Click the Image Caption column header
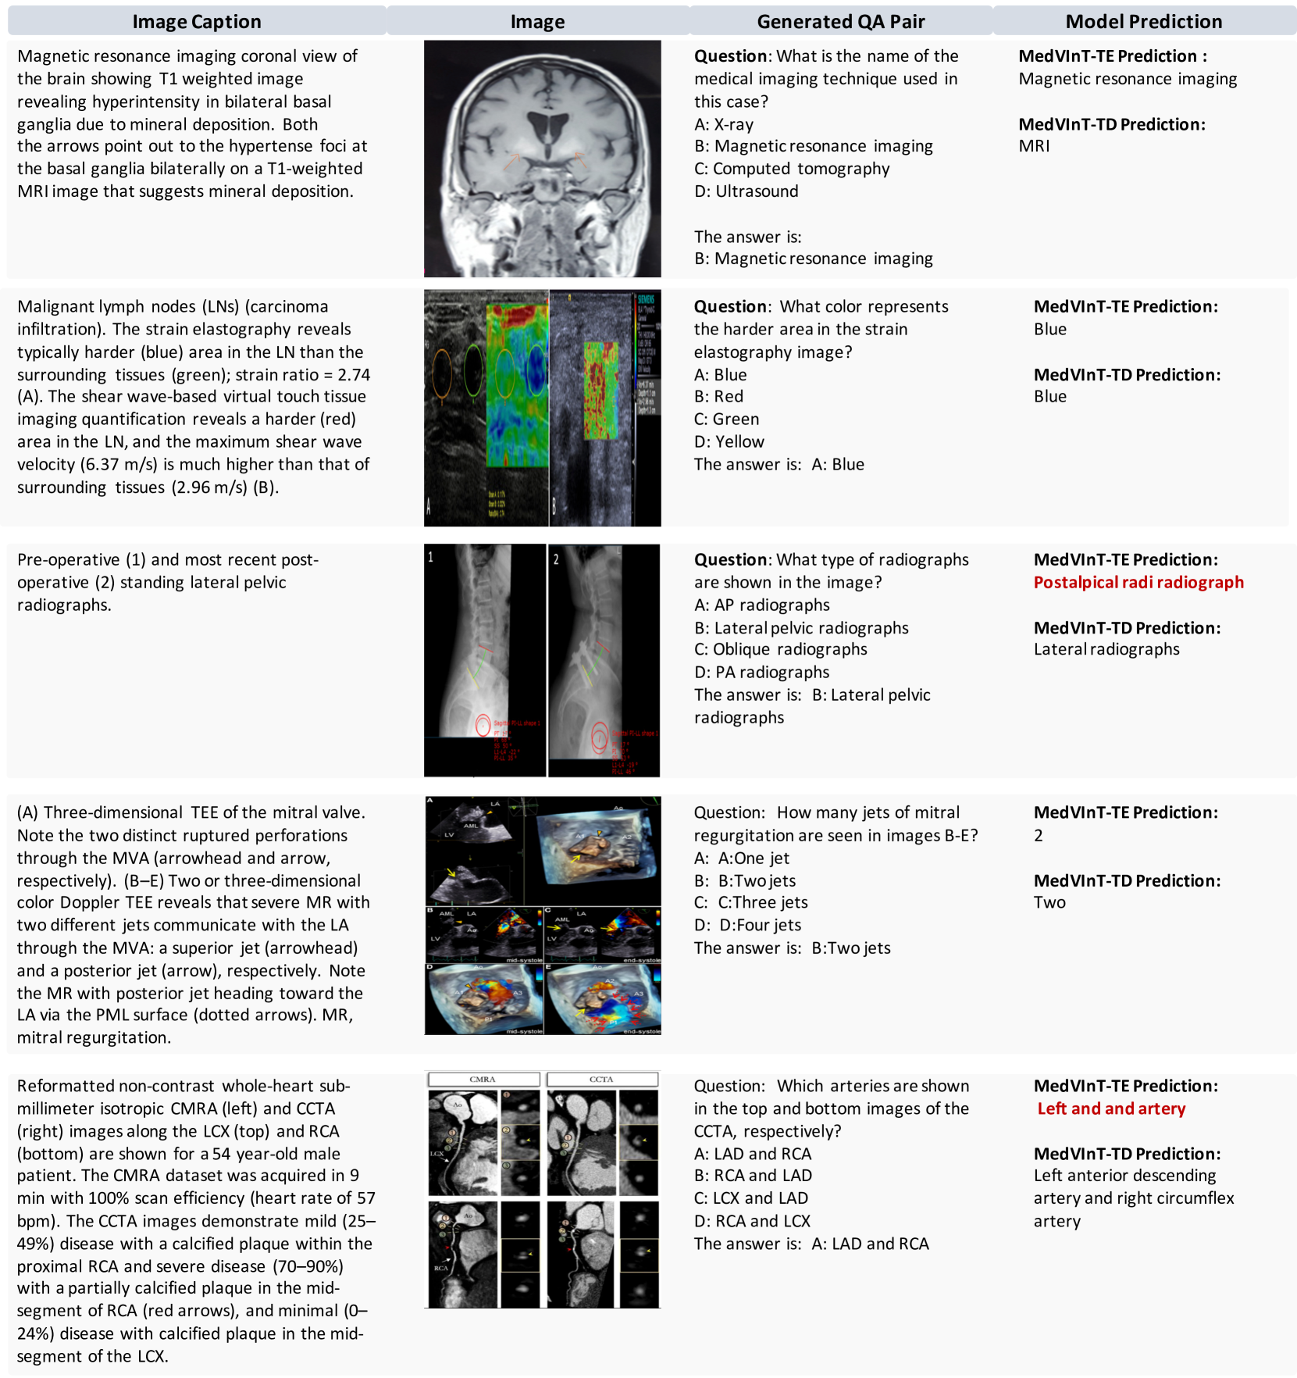(x=197, y=21)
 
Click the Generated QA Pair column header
(x=840, y=21)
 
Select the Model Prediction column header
(x=1143, y=21)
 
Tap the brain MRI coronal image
(x=542, y=159)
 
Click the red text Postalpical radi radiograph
(x=1138, y=582)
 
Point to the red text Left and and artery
(x=1111, y=1108)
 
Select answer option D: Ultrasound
(x=746, y=191)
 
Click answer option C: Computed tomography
(x=792, y=169)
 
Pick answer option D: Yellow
(x=729, y=442)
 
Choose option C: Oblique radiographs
(x=780, y=649)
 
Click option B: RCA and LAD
(x=753, y=1176)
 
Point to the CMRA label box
(x=483, y=1079)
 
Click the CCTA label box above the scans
(x=601, y=1079)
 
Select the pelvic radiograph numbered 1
(x=484, y=660)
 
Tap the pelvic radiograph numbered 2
(x=604, y=660)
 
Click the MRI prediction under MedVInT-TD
(x=1034, y=146)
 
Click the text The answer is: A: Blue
(x=779, y=465)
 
